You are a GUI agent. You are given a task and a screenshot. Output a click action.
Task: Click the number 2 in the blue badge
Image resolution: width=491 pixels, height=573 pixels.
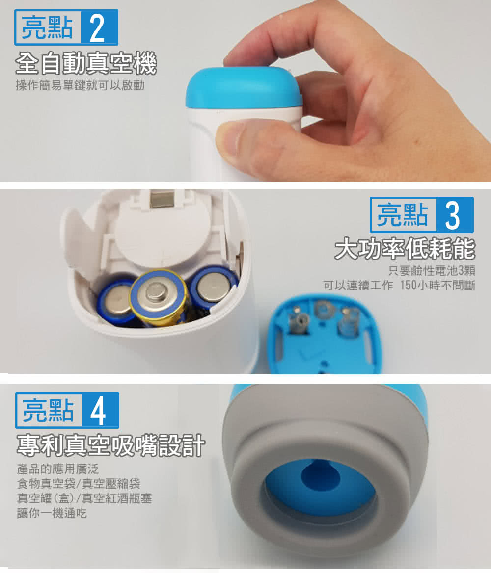(97, 28)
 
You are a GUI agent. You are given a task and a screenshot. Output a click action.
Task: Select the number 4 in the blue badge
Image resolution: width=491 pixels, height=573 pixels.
(98, 411)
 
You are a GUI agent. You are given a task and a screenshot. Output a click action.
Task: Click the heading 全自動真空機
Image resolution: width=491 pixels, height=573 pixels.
(86, 64)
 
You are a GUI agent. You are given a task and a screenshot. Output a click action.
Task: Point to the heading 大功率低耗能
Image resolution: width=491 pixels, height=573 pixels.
(405, 249)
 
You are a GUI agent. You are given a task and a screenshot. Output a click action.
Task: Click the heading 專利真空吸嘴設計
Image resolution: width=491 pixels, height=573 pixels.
(110, 445)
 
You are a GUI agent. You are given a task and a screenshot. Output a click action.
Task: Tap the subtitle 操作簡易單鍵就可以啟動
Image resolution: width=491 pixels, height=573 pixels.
(80, 85)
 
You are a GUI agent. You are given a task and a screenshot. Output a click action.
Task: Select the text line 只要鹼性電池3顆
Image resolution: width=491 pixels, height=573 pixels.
(432, 271)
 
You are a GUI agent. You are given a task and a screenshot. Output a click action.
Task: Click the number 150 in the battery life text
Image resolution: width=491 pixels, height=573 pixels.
(409, 286)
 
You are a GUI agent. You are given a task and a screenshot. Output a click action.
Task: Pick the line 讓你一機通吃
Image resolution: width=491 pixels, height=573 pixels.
(52, 513)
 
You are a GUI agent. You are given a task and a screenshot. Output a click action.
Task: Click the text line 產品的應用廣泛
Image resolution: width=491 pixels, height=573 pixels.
(58, 469)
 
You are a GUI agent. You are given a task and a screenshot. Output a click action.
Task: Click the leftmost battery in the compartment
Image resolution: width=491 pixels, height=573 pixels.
(115, 302)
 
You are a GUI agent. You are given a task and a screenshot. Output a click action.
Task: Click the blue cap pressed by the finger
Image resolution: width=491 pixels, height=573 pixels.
(244, 88)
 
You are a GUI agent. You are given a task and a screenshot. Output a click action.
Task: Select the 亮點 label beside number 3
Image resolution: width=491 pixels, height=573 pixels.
(403, 215)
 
